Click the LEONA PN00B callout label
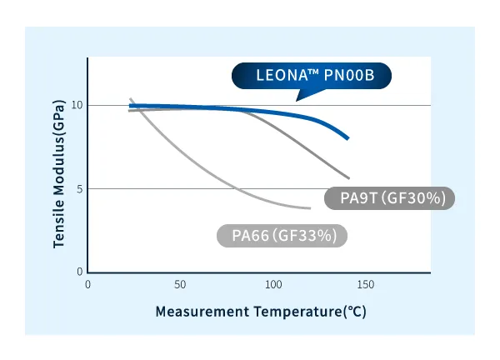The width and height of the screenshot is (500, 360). (311, 77)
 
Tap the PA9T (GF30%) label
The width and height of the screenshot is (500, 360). (397, 198)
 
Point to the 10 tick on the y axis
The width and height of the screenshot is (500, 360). (77, 105)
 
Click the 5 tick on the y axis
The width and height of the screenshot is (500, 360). (80, 188)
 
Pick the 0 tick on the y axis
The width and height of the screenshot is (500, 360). (80, 272)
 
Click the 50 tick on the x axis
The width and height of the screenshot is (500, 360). (180, 284)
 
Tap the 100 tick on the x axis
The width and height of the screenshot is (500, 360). (273, 284)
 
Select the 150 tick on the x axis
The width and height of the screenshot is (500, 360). (366, 284)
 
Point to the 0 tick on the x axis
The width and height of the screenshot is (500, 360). (88, 284)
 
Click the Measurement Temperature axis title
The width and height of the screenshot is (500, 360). (260, 312)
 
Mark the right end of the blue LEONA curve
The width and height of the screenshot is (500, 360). (347, 137)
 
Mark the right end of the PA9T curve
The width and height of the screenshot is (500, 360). (348, 177)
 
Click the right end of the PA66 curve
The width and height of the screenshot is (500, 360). (309, 207)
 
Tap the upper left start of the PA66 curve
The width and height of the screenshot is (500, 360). (131, 99)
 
